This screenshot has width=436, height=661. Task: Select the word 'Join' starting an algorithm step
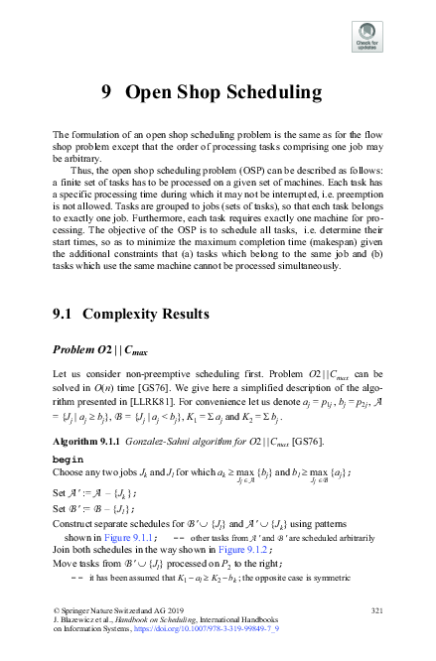point(62,550)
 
